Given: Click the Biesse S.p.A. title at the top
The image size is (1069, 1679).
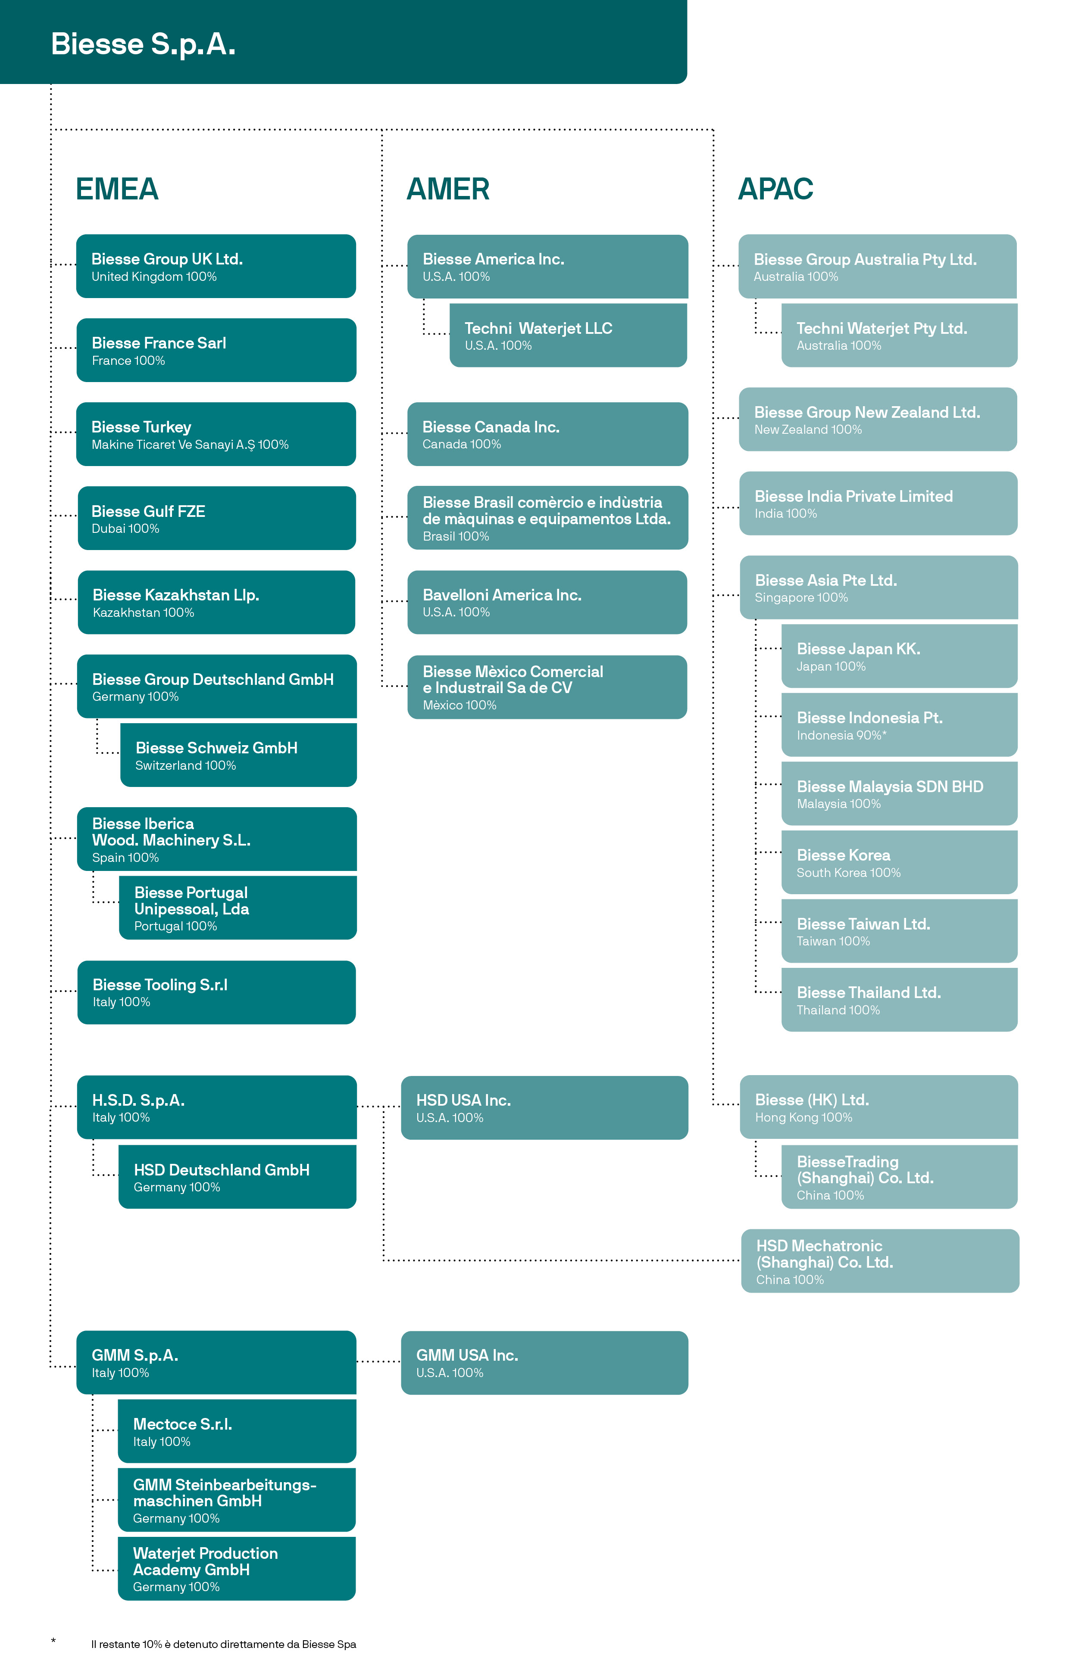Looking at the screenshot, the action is (x=143, y=44).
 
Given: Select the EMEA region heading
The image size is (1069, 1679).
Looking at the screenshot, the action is (x=117, y=189).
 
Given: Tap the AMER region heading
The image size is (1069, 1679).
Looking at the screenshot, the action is (x=448, y=189).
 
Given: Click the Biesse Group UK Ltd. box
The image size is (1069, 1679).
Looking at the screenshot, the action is (x=216, y=266).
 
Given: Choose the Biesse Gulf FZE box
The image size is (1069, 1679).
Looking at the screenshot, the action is (x=216, y=518).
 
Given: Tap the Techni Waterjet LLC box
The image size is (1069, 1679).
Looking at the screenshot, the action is (x=568, y=336).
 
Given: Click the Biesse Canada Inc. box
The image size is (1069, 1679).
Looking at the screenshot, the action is (x=548, y=434).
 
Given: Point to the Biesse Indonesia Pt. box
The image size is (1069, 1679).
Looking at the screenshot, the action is (x=900, y=724).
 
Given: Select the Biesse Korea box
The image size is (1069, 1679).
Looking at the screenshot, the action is (x=900, y=862).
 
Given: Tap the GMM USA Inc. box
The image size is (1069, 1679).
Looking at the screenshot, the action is (x=544, y=1362).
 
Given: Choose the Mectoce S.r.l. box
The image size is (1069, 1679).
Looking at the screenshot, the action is (x=237, y=1431).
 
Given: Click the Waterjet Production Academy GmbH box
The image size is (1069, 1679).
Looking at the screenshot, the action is (x=237, y=1569).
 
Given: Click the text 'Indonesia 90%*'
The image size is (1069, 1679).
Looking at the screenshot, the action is (x=841, y=735).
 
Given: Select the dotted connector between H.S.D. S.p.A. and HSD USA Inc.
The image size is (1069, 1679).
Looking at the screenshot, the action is (x=379, y=1107).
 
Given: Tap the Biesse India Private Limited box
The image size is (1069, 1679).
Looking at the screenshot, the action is (x=878, y=504).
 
